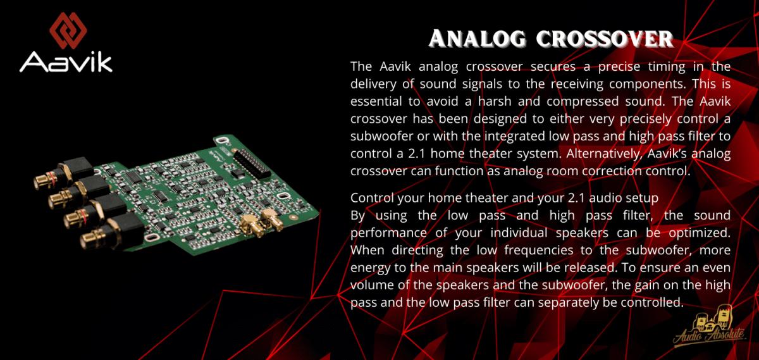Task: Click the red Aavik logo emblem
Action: [x=68, y=30]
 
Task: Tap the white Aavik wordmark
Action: [x=66, y=62]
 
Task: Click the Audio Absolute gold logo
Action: [x=710, y=328]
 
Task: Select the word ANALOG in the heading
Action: [x=477, y=39]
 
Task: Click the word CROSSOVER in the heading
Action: [x=605, y=39]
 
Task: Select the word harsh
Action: [x=495, y=101]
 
